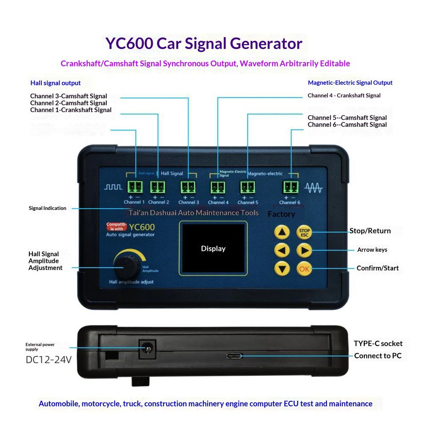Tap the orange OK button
[304, 269]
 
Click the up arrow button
[282, 232]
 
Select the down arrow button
[282, 269]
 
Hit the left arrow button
[282, 250]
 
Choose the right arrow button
[304, 250]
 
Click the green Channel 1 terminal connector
[135, 187]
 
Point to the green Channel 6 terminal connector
[290, 187]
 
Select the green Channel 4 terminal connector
[218, 187]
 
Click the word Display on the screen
[213, 248]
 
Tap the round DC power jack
[148, 349]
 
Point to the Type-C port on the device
[234, 356]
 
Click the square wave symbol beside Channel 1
[113, 187]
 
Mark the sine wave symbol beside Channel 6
[314, 188]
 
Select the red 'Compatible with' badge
[117, 226]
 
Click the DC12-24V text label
[48, 360]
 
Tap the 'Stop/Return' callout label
[370, 231]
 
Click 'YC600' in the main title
[129, 44]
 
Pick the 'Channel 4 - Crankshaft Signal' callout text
[344, 96]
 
